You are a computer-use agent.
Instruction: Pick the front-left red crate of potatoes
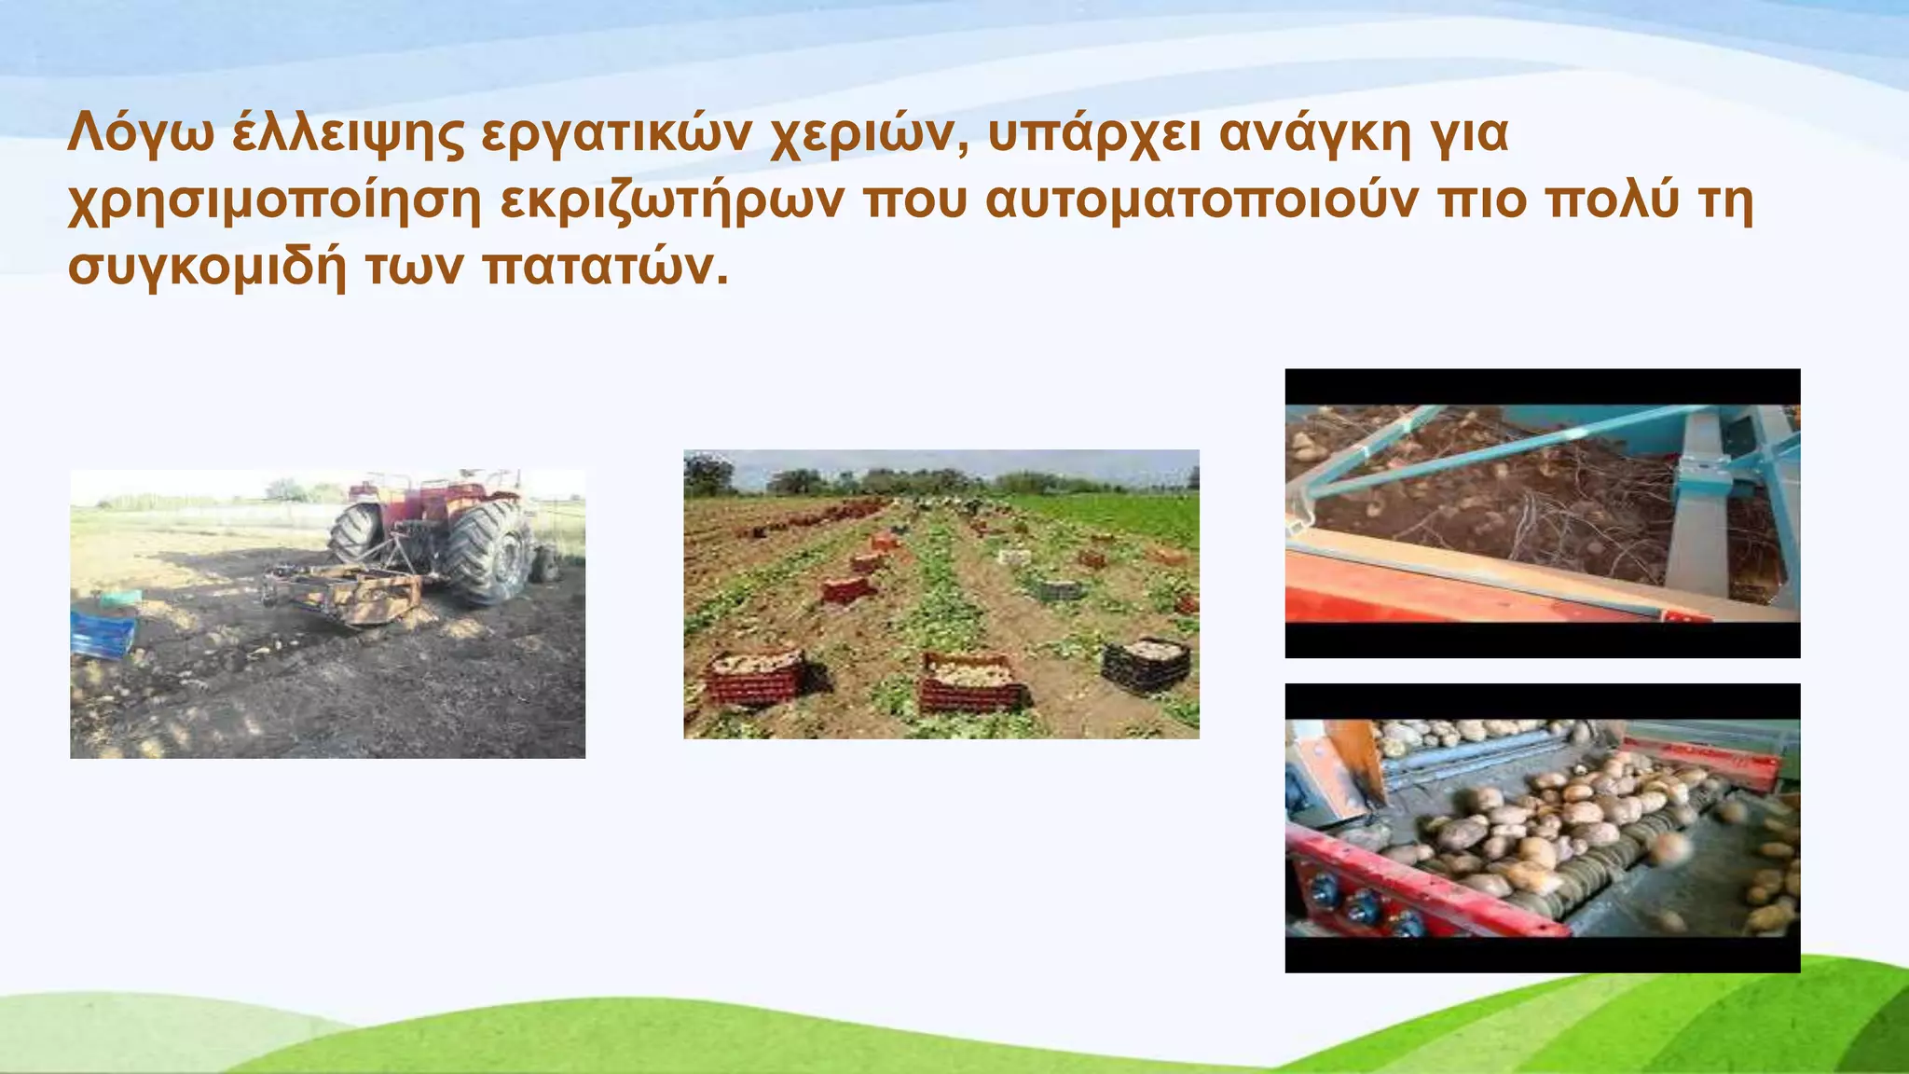755,676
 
